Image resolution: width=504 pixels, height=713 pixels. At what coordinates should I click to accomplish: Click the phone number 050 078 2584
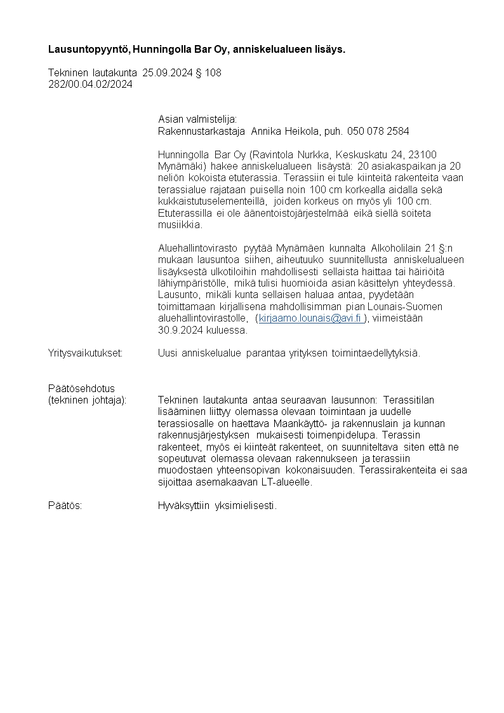tap(378, 131)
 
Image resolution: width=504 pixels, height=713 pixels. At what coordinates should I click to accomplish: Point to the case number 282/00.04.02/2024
tap(90, 84)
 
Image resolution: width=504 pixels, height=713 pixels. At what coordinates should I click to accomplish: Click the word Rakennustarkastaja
tap(201, 131)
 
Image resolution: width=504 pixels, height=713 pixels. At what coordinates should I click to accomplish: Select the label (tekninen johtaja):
tap(87, 400)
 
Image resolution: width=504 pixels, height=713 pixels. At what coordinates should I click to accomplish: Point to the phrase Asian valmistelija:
tap(197, 119)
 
